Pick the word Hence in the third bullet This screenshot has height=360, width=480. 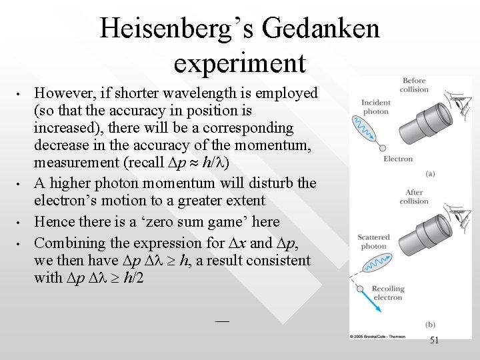coord(54,221)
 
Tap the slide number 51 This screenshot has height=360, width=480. coord(434,341)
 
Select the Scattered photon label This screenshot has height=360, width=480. coord(373,241)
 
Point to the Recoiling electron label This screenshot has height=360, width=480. coord(389,293)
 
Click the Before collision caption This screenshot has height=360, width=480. coord(413,85)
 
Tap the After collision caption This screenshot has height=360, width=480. coord(413,197)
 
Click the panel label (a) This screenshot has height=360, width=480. coord(431,173)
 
